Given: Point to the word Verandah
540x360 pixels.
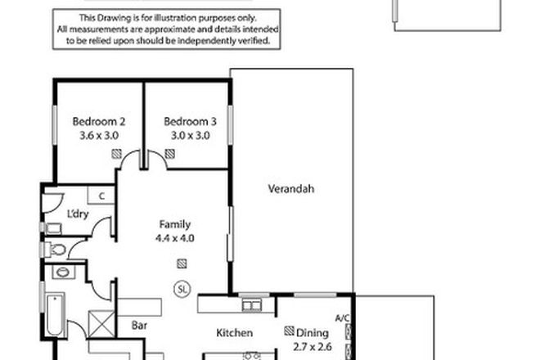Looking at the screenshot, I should [290, 190].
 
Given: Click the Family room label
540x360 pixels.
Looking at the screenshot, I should [174, 224].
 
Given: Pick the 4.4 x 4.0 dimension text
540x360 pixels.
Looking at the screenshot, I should [174, 238].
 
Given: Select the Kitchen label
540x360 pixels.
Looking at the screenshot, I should [233, 332].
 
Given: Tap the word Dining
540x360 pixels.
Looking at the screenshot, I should [313, 332].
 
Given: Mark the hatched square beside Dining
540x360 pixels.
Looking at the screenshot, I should [289, 332].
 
